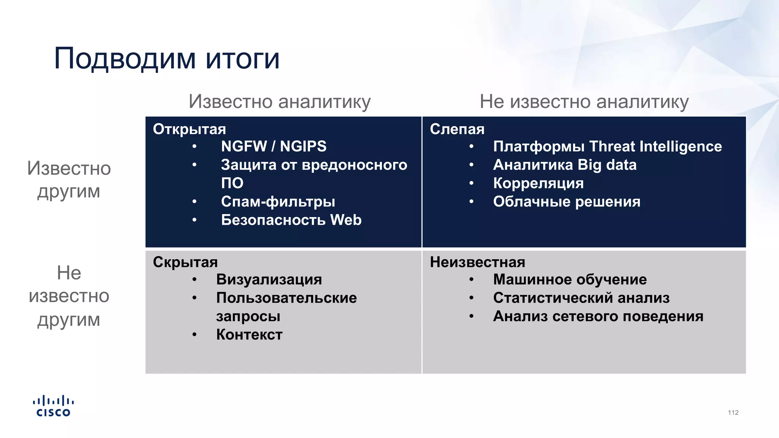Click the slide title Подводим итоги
point(167,59)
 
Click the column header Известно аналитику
point(280,102)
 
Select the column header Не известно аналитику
point(584,102)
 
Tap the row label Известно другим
point(69,179)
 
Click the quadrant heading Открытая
point(189,129)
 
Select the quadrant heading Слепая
point(457,129)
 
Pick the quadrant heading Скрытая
point(185,262)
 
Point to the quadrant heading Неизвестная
point(477,262)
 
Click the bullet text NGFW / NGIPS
point(273,146)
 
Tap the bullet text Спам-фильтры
point(278,202)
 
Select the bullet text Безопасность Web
point(291,220)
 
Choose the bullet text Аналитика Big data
point(564,165)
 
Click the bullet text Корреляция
point(538,183)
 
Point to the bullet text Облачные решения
point(566,202)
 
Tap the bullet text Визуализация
point(269,279)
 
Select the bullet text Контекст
point(249,335)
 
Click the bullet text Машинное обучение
point(570,279)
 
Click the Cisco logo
point(53,406)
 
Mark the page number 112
point(733,413)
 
